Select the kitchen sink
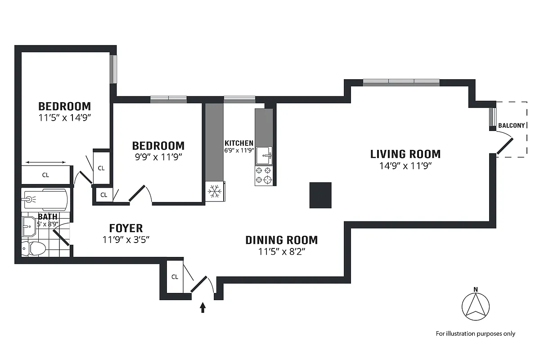pyautogui.click(x=264, y=156)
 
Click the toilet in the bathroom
pyautogui.click(x=34, y=248)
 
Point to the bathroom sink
pyautogui.click(x=30, y=224)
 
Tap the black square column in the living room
pyautogui.click(x=320, y=195)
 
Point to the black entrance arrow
pyautogui.click(x=203, y=307)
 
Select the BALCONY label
pyautogui.click(x=512, y=126)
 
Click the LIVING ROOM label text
pyautogui.click(x=405, y=154)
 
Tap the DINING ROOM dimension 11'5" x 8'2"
pyautogui.click(x=282, y=252)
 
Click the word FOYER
pyautogui.click(x=126, y=228)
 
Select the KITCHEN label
pyautogui.click(x=239, y=143)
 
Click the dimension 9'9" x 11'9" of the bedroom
pyautogui.click(x=158, y=157)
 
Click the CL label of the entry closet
pyautogui.click(x=175, y=277)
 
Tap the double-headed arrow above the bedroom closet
pyautogui.click(x=46, y=162)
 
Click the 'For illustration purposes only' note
pyautogui.click(x=475, y=333)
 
